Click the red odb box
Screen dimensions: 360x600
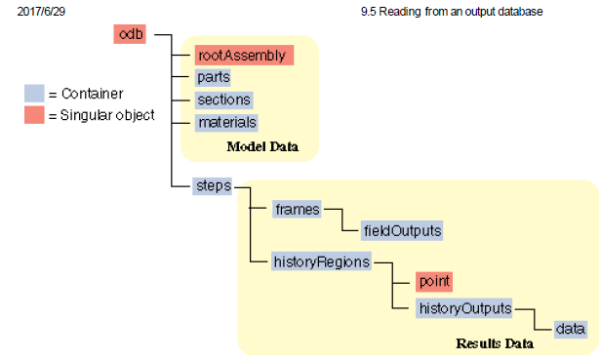(x=130, y=35)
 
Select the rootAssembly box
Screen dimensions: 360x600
(x=242, y=56)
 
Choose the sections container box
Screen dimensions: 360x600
(x=223, y=100)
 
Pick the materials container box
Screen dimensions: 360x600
(x=226, y=122)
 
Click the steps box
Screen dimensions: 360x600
(x=212, y=186)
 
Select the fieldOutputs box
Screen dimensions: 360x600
(x=402, y=231)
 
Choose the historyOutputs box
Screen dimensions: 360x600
(x=464, y=308)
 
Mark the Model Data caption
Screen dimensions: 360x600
(x=261, y=147)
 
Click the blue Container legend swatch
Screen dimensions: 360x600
(x=34, y=94)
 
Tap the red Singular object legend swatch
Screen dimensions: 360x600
(x=34, y=115)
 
